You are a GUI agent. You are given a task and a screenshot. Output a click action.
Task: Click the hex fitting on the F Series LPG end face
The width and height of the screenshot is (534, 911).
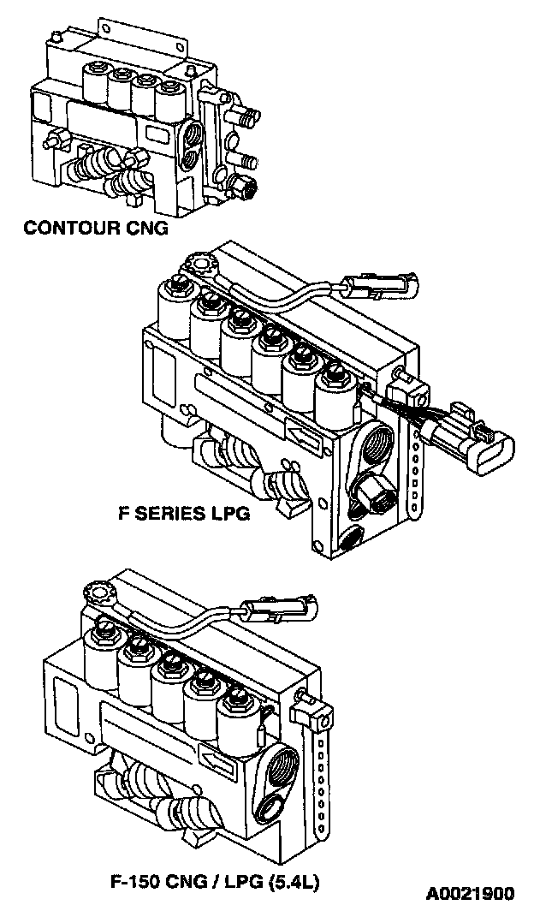click(x=372, y=494)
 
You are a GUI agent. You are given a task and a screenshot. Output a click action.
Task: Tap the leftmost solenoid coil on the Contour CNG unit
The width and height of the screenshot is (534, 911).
click(x=95, y=84)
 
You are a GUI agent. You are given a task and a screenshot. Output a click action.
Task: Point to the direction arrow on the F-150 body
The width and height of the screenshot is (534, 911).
click(x=213, y=754)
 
